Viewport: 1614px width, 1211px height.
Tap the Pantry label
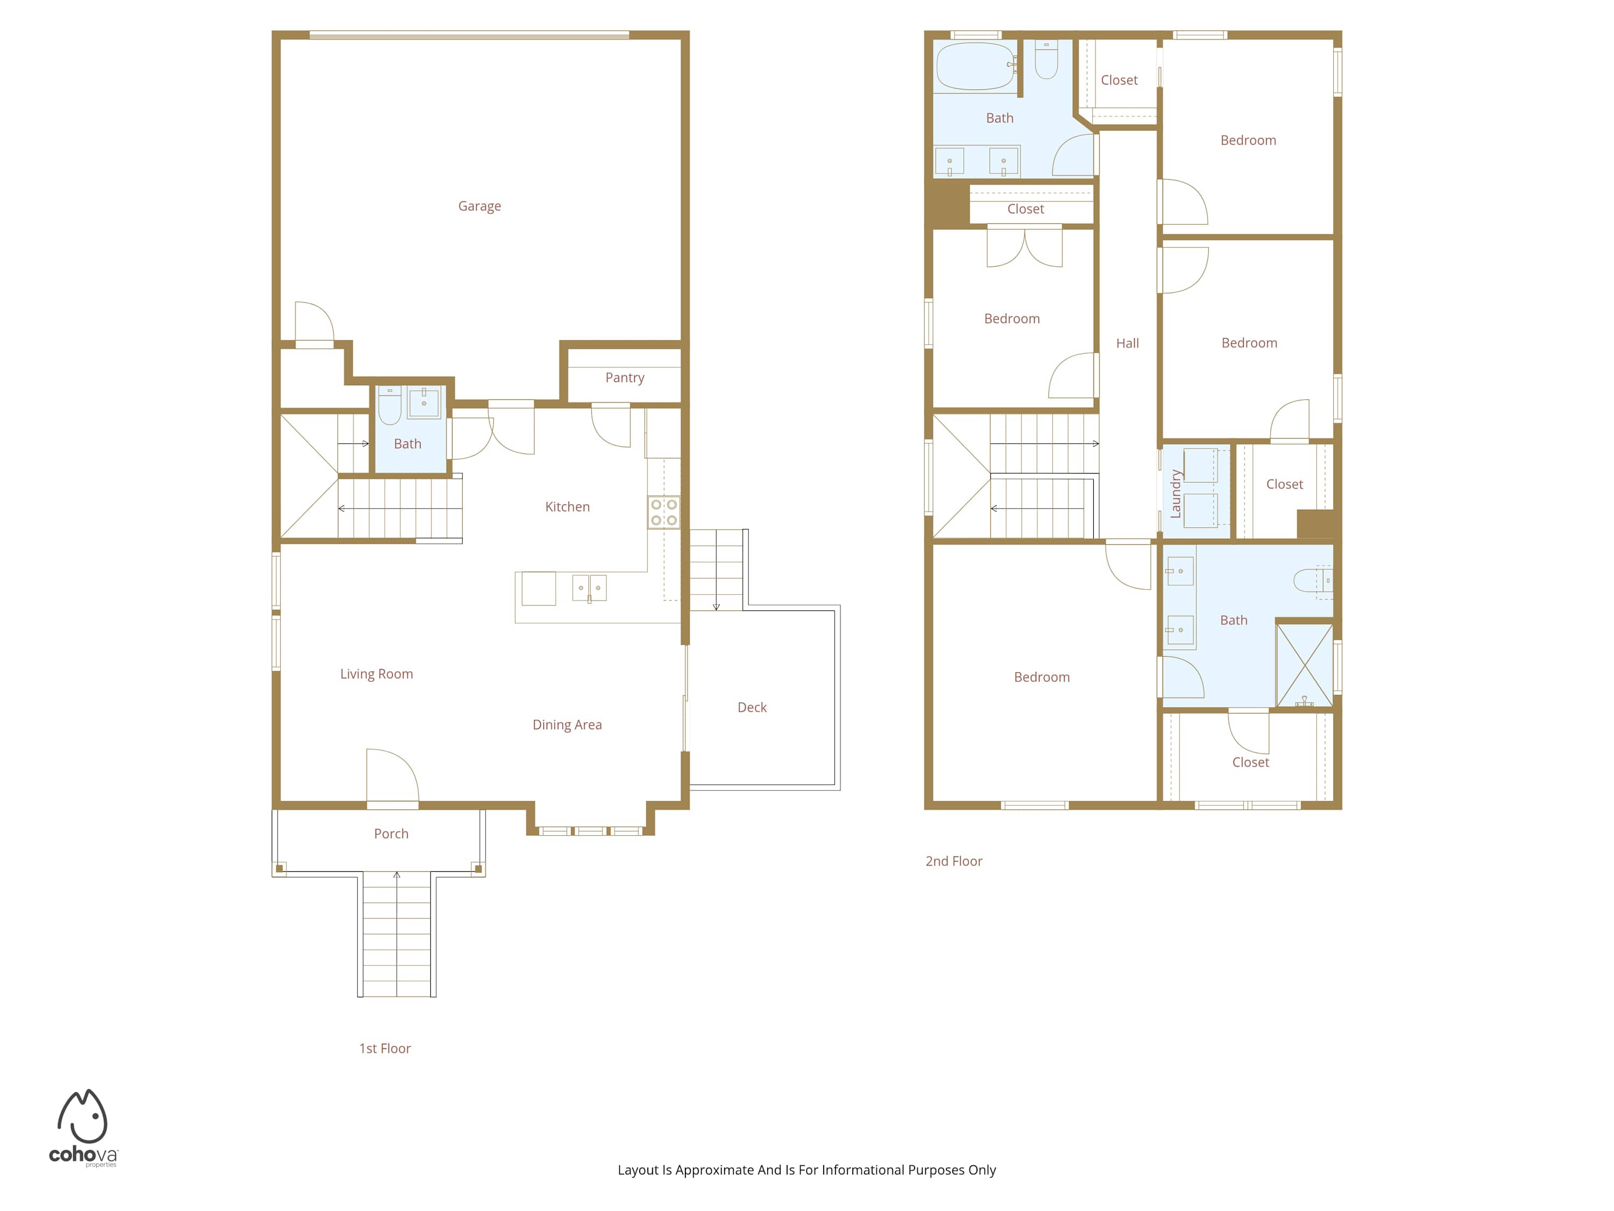[x=625, y=377]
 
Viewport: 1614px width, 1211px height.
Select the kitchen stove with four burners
[x=663, y=512]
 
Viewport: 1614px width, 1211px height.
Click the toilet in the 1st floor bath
[x=390, y=405]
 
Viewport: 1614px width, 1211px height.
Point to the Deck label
[x=752, y=707]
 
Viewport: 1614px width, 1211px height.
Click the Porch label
[x=391, y=834]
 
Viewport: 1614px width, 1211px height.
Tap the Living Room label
[x=377, y=674]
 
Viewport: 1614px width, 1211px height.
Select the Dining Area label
[x=567, y=725]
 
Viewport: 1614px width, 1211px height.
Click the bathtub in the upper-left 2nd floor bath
[x=975, y=66]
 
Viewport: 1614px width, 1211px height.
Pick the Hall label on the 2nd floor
[x=1127, y=343]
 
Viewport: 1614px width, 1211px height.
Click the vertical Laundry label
[x=1176, y=494]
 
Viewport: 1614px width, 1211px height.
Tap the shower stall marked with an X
[x=1305, y=664]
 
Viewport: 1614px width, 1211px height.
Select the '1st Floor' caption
[x=385, y=1048]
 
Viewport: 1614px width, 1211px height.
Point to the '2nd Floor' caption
[x=954, y=861]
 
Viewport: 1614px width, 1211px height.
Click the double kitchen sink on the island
[x=589, y=588]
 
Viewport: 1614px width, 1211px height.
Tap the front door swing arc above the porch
[x=394, y=774]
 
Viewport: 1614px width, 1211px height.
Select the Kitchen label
[x=567, y=506]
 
